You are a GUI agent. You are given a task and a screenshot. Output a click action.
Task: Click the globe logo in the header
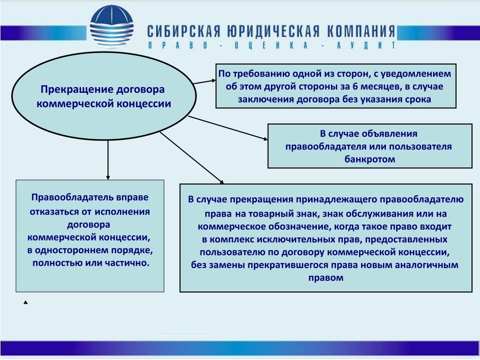tap(112, 26)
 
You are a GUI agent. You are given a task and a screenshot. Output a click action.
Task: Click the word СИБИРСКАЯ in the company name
tap(184, 31)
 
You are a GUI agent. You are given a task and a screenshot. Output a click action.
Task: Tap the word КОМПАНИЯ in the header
tap(361, 31)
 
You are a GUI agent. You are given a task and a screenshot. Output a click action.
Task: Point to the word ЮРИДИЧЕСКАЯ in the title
tap(273, 31)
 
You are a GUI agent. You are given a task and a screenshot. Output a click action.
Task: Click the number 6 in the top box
tap(355, 86)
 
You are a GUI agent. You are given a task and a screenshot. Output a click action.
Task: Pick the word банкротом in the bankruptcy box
tap(370, 159)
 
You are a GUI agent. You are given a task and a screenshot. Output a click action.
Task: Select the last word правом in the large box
tap(326, 278)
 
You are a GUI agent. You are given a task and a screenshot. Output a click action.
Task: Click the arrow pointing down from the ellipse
tap(108, 160)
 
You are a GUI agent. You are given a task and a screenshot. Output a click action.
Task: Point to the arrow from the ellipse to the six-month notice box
tap(204, 82)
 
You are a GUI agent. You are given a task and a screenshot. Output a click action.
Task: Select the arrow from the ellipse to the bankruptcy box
tap(228, 128)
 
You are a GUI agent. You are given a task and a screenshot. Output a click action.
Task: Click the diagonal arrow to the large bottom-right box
tap(192, 158)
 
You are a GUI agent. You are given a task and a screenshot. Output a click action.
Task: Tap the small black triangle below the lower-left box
tap(26, 302)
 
